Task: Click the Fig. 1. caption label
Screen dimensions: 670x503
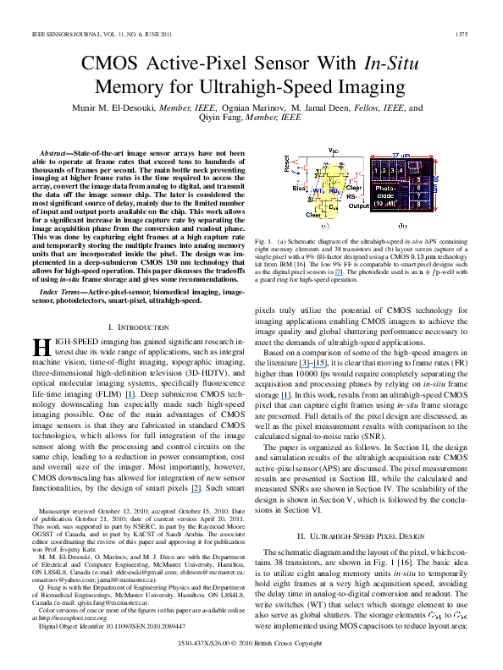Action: click(264, 242)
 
